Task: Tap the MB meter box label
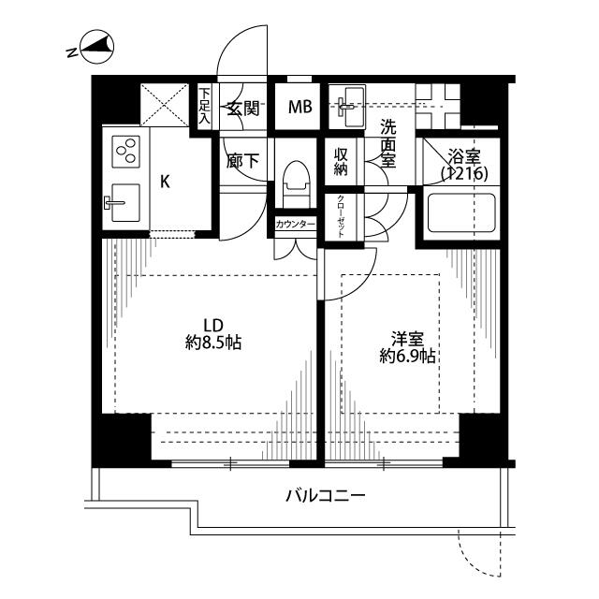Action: click(300, 107)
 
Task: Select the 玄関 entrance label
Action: click(243, 109)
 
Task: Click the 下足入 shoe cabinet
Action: click(205, 106)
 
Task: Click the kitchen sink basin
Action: click(125, 202)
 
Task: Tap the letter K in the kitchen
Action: click(165, 182)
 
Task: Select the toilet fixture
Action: click(296, 183)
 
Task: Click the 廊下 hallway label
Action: click(242, 161)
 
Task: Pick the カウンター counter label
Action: click(296, 225)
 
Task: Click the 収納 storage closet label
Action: click(341, 162)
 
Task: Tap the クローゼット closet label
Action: click(341, 216)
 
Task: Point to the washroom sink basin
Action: click(348, 106)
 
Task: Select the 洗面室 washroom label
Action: click(388, 143)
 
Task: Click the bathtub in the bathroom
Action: click(461, 212)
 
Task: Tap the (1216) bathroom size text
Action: click(464, 174)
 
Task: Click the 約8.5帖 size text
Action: click(213, 343)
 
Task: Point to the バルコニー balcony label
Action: click(326, 496)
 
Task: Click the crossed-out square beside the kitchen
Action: click(165, 105)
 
